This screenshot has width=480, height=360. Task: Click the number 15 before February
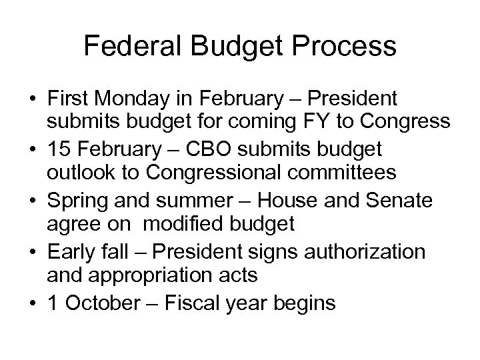[x=57, y=148]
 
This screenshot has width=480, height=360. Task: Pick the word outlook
[x=78, y=172]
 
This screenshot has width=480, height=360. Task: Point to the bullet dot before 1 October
[x=32, y=303]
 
